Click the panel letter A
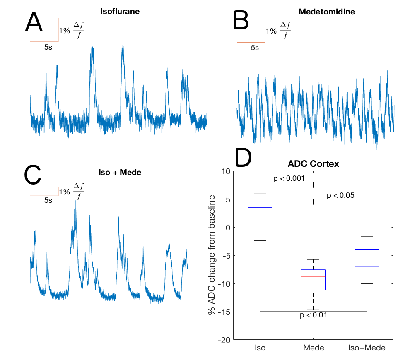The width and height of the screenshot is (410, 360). (34, 22)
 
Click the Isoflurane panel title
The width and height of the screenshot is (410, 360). (120, 11)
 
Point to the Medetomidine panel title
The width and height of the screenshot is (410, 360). (327, 11)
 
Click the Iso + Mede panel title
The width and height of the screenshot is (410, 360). (120, 172)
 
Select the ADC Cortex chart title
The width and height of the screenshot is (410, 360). (314, 164)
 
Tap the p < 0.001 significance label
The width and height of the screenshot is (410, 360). (289, 179)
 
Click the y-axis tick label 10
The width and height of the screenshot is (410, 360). (225, 171)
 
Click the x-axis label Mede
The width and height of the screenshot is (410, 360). (314, 348)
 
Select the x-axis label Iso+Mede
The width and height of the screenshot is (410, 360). (367, 348)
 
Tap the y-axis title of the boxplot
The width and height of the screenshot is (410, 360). (212, 255)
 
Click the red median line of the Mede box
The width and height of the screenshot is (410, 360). (314, 276)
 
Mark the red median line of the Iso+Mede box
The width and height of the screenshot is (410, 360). (367, 259)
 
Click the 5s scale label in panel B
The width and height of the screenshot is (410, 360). (255, 48)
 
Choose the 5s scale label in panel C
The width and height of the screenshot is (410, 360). (48, 201)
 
